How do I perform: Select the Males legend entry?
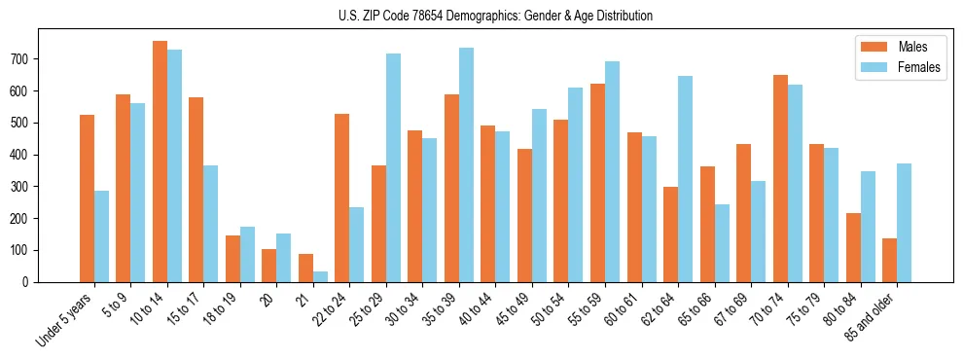pyautogui.click(x=911, y=47)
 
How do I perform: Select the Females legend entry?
pyautogui.click(x=918, y=69)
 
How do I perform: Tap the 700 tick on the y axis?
pyautogui.click(x=21, y=58)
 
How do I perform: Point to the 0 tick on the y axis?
pyautogui.click(x=27, y=282)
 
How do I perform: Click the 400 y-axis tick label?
pyautogui.click(x=21, y=155)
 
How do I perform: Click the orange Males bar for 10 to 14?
pyautogui.click(x=160, y=162)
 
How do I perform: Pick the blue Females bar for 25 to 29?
pyautogui.click(x=393, y=167)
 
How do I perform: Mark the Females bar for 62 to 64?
pyautogui.click(x=685, y=179)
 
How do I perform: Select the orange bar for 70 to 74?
pyautogui.click(x=780, y=178)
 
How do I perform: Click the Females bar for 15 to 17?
pyautogui.click(x=211, y=224)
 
